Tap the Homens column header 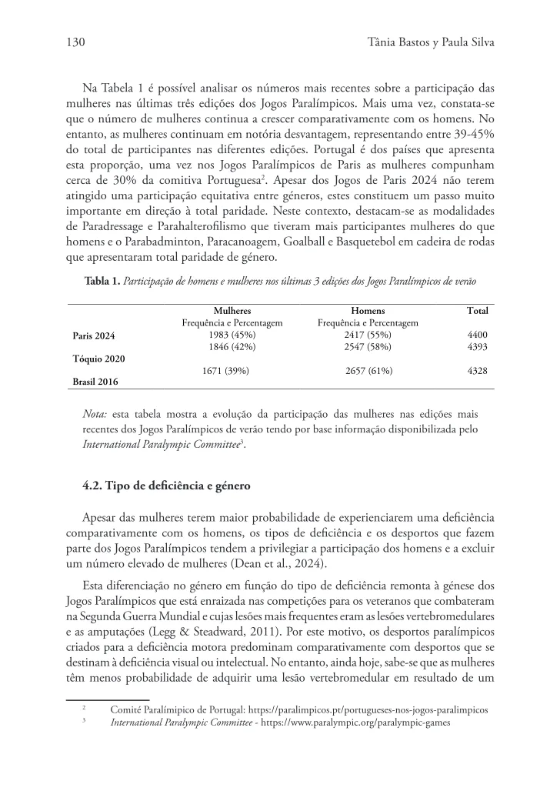coord(368,310)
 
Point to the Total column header coord(477,310)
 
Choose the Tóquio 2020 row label coord(99,359)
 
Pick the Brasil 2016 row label coord(95,381)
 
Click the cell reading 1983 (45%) coord(232,335)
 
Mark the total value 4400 coord(477,335)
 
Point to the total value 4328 coord(477,371)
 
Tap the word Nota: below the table coord(95,415)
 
